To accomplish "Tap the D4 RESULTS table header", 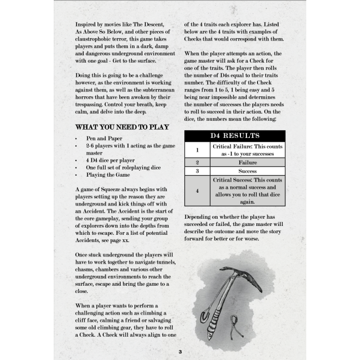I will point(234,136).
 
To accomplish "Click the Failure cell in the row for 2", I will point(248,163).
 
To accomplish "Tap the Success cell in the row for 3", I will point(248,172).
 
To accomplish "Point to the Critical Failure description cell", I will point(248,150).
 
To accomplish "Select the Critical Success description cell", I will point(248,191).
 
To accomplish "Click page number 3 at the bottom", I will point(180,352).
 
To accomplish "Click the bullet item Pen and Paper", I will point(105,138).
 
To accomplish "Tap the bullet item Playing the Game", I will point(108,174).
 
